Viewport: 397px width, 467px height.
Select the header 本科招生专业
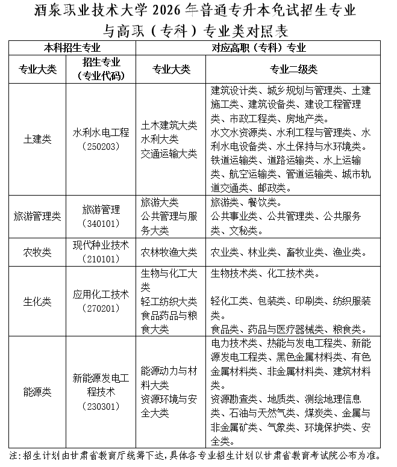pyautogui.click(x=72, y=47)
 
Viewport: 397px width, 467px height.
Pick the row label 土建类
pyautogui.click(x=37, y=138)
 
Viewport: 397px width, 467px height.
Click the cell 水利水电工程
pyautogui.click(x=101, y=132)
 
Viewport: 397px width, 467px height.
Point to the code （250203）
pyautogui.click(x=101, y=146)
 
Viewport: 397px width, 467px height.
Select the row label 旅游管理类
pyautogui.click(x=37, y=217)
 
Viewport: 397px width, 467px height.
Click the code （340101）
pyautogui.click(x=101, y=223)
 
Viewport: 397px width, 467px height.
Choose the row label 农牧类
pyautogui.click(x=37, y=252)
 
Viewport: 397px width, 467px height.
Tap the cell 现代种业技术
pyautogui.click(x=101, y=244)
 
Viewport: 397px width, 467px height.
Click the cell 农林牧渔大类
pyautogui.click(x=169, y=252)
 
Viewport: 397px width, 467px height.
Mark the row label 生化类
pyautogui.click(x=37, y=301)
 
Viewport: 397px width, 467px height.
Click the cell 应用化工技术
pyautogui.click(x=101, y=294)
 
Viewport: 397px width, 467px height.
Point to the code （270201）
pyautogui.click(x=101, y=308)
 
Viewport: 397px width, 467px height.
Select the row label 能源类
pyautogui.click(x=37, y=392)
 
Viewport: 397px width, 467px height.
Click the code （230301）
pyautogui.click(x=101, y=407)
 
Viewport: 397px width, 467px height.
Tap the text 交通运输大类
pyautogui.click(x=169, y=153)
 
